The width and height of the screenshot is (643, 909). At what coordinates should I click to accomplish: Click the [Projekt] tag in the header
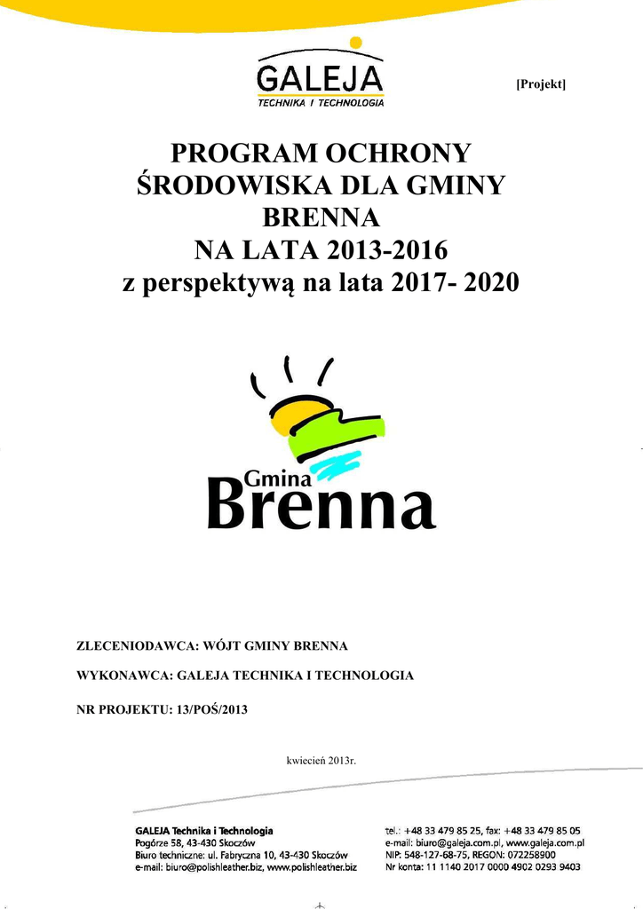(x=541, y=83)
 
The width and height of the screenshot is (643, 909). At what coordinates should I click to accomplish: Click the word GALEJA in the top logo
(x=320, y=75)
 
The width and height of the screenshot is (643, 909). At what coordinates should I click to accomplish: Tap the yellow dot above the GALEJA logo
(x=355, y=42)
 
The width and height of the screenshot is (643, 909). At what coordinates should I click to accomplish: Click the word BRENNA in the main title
(x=321, y=217)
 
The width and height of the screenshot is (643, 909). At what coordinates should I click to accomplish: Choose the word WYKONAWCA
(x=123, y=676)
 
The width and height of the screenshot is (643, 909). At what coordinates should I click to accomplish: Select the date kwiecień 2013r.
(x=321, y=760)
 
